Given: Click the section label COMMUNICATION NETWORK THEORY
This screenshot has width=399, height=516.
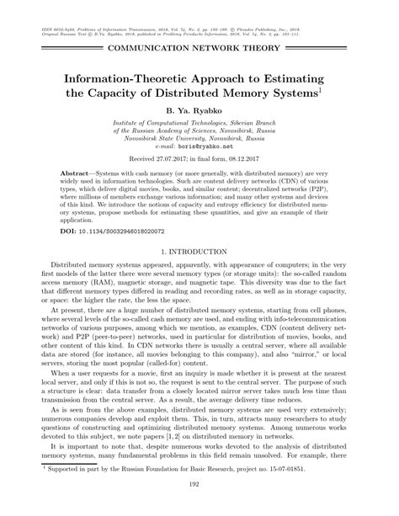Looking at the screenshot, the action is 199,50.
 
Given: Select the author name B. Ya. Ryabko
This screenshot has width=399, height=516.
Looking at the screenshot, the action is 199,112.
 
